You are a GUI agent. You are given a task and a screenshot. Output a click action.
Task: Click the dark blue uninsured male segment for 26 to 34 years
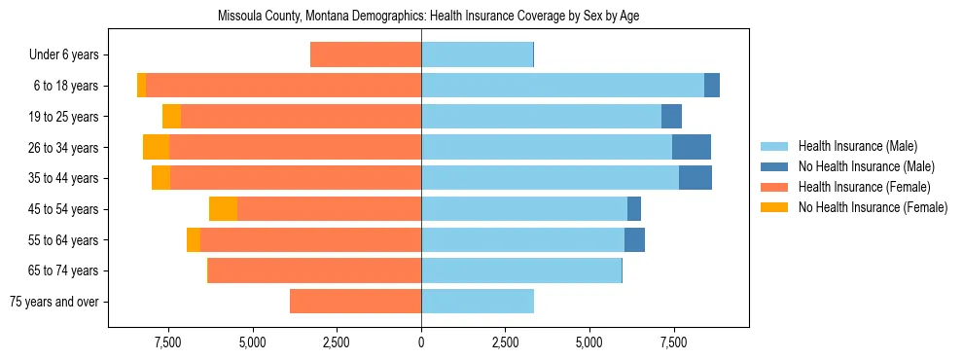click(x=691, y=148)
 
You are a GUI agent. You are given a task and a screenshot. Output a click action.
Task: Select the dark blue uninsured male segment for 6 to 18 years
click(x=712, y=86)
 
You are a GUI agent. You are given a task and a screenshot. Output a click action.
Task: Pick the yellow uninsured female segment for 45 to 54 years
click(x=223, y=209)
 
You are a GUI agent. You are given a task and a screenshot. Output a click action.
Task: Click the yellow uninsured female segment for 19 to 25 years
click(x=171, y=117)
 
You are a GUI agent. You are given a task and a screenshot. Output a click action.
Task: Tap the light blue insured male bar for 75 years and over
click(x=478, y=302)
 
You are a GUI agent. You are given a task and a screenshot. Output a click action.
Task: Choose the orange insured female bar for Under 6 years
click(x=366, y=55)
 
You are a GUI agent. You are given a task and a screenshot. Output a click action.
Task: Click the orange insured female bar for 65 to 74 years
click(x=314, y=270)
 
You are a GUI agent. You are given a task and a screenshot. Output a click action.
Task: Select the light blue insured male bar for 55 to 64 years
click(x=522, y=240)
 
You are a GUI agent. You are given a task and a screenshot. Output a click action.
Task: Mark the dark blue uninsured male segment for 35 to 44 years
click(x=695, y=178)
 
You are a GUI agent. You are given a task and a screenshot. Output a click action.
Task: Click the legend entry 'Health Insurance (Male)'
click(x=857, y=146)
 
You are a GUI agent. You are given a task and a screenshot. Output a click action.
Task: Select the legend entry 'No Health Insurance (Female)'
click(x=872, y=207)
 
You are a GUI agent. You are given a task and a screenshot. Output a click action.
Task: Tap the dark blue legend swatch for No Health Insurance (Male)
click(x=774, y=166)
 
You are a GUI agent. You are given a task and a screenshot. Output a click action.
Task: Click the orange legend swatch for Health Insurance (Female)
click(x=774, y=187)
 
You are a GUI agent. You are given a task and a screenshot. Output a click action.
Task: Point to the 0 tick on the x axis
click(x=421, y=342)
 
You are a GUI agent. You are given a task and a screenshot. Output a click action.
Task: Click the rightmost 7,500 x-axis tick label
click(x=673, y=342)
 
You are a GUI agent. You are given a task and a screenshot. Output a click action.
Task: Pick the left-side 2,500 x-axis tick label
click(x=337, y=342)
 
